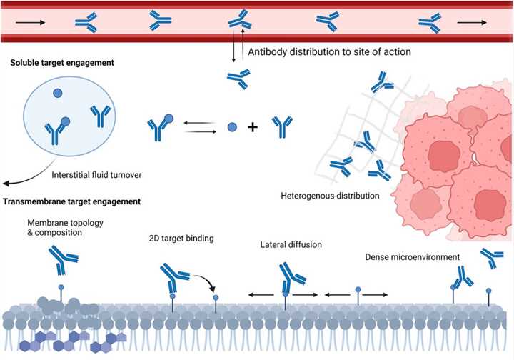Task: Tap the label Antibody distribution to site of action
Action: tap(328, 51)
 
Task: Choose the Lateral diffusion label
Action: tap(291, 245)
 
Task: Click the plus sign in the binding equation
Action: tap(252, 128)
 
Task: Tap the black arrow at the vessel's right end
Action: tap(470, 22)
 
